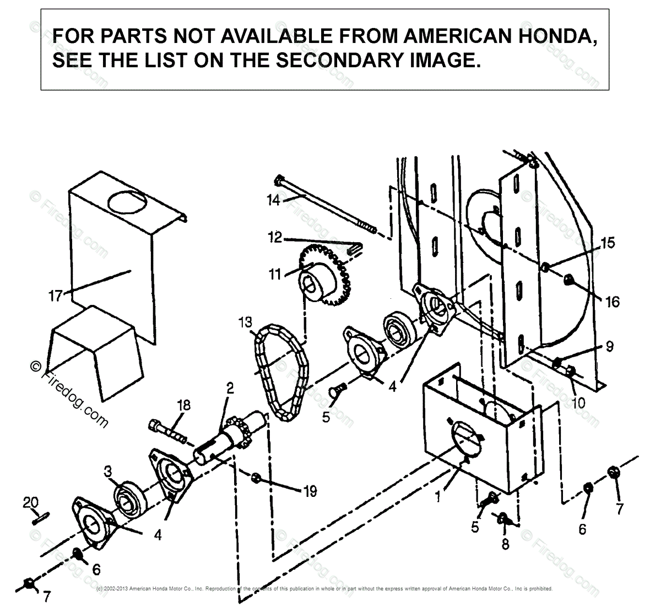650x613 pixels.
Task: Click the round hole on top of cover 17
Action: (131, 201)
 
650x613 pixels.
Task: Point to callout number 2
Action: (229, 388)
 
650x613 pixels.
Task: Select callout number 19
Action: (310, 490)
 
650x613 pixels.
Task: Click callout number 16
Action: (611, 301)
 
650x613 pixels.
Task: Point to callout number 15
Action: (607, 243)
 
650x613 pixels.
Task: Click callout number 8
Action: (505, 544)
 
